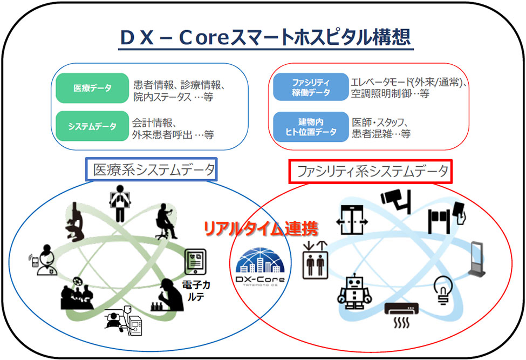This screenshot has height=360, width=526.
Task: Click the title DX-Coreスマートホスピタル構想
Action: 266,37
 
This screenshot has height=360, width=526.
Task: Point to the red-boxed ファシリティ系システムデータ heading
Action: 370,172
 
